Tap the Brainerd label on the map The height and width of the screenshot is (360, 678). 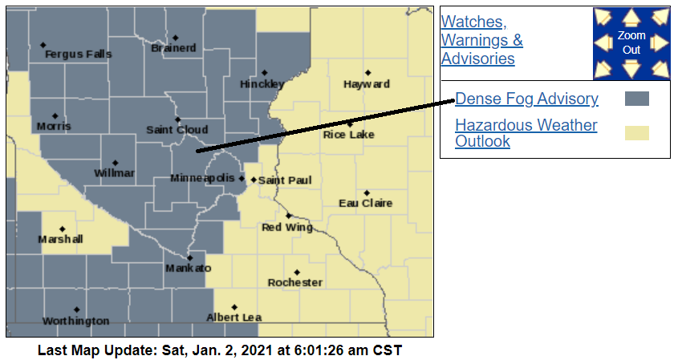point(173,48)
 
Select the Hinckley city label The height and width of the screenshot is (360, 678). point(262,84)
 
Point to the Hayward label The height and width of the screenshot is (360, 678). point(367,84)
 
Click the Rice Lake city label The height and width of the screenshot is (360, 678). point(349,135)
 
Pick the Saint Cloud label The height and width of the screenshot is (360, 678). point(177,130)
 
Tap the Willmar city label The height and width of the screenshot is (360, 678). point(115,173)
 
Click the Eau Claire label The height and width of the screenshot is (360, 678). point(366,203)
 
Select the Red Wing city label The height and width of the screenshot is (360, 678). point(287,228)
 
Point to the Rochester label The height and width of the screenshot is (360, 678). point(295,282)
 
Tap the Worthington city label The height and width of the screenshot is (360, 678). point(75,321)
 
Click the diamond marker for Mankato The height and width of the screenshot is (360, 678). point(190,258)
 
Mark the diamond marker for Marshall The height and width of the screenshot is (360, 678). point(62,229)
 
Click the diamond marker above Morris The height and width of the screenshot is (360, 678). point(55,115)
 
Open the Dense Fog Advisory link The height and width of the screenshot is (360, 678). point(526,99)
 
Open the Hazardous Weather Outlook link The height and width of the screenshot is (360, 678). point(526,133)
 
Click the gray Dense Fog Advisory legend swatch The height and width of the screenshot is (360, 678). point(636,99)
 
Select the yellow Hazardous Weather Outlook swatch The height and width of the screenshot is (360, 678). point(636,133)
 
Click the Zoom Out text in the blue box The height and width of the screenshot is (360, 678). point(631,43)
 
